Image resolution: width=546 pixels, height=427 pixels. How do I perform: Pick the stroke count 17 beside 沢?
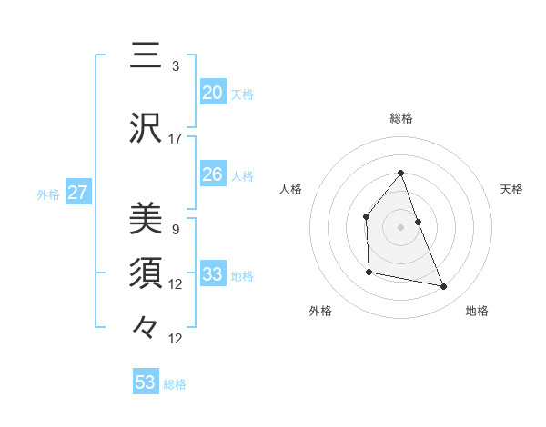coord(176,139)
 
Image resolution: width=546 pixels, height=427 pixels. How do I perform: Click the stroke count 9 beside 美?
coord(175,230)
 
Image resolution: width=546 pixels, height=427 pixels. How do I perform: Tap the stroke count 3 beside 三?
coord(176,66)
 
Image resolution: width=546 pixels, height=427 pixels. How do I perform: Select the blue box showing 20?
coord(212,93)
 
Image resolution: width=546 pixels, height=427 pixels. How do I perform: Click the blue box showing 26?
coord(212,174)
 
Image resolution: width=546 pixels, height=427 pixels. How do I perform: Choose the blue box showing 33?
coord(212,274)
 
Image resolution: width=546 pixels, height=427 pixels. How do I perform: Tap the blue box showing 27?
coord(78,193)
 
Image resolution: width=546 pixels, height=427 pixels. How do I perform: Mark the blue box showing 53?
coord(146,382)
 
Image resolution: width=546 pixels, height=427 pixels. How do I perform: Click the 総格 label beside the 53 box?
coord(175,384)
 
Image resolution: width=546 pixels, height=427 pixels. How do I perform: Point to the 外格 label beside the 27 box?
coord(48,194)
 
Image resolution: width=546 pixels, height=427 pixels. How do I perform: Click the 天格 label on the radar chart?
coord(511,189)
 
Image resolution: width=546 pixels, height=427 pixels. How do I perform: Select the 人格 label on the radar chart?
coord(291,189)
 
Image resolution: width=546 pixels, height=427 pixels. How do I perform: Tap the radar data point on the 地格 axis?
coord(444,287)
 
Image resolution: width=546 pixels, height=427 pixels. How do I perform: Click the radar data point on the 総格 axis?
coord(400,173)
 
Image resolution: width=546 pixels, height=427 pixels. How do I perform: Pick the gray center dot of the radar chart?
coord(400,226)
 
